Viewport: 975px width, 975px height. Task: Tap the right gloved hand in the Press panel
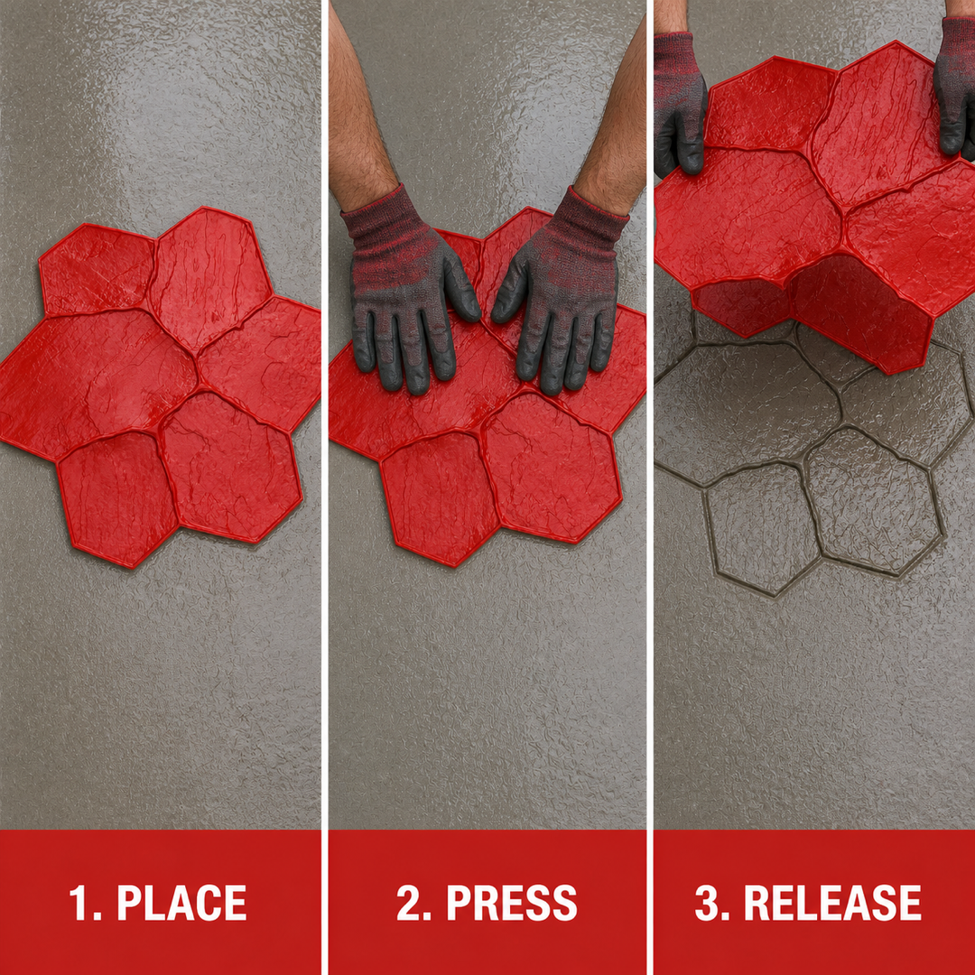click(560, 299)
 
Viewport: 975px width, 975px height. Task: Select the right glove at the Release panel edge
click(954, 87)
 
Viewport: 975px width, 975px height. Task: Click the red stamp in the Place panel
click(159, 385)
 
